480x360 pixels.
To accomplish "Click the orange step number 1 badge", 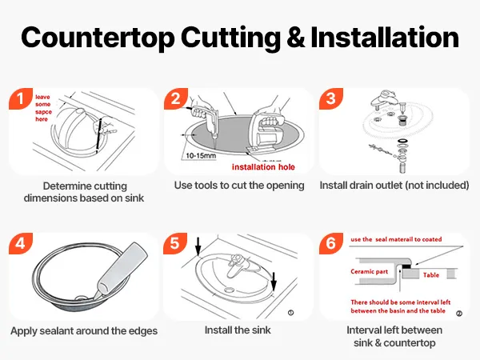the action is coord(21,98).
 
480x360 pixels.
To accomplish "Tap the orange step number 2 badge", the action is coord(176,98).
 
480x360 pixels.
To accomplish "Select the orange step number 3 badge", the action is coord(331,98).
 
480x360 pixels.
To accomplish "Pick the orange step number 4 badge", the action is coord(21,243).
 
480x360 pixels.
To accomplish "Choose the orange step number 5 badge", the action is coord(175,243).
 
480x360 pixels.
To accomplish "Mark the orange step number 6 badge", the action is coord(331,243).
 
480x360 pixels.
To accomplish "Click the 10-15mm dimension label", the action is coord(201,155).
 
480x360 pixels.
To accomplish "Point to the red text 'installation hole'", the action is coord(263,167).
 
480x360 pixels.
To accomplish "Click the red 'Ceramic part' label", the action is coord(369,271).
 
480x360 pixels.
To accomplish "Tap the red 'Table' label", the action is coord(431,275).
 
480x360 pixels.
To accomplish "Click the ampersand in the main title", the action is coord(295,38).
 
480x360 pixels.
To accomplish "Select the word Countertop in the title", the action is coord(98,38).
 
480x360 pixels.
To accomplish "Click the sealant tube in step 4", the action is coord(122,270).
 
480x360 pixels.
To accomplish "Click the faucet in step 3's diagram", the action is coord(382,100).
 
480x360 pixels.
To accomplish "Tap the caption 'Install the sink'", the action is coord(238,330).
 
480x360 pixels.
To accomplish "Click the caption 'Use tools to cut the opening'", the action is coord(239,186).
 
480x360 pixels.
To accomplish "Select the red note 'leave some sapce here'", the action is coord(43,108).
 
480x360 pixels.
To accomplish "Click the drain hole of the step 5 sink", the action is coord(228,289).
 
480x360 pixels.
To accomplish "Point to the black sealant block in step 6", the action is coord(406,266).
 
